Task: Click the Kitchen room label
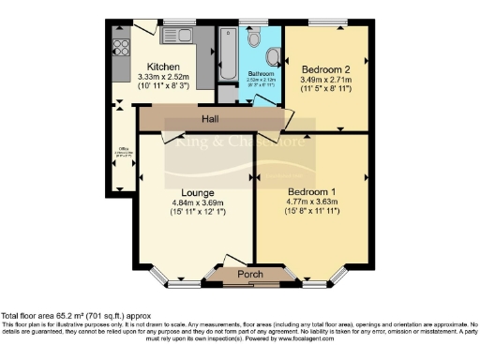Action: (153, 66)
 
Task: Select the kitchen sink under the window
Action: (176, 37)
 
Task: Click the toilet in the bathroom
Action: (257, 40)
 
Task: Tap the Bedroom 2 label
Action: (325, 68)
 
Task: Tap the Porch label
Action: (250, 274)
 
